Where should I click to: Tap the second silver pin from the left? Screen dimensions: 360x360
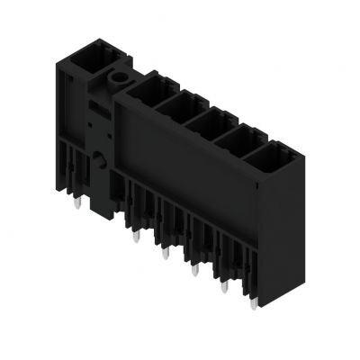(135, 239)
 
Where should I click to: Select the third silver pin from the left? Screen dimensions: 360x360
(165, 256)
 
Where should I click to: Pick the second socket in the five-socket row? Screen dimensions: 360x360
(179, 109)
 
